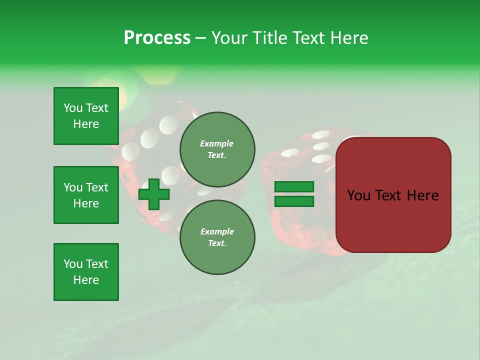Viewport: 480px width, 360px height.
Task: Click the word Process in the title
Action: point(157,38)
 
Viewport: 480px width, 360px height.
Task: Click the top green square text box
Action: point(86,116)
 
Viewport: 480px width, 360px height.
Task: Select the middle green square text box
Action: point(86,195)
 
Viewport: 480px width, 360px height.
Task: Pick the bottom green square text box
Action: point(86,272)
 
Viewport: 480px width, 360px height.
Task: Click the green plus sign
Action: point(154,194)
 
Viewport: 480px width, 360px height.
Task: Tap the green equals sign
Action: point(294,194)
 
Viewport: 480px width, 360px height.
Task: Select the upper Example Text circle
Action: point(217,149)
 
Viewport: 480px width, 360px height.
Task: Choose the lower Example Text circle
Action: point(217,237)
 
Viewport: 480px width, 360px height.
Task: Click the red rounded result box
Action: point(393,195)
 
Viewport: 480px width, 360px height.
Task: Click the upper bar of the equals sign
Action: point(294,187)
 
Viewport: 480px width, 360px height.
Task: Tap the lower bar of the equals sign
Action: point(294,201)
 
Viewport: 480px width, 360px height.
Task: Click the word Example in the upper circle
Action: point(217,143)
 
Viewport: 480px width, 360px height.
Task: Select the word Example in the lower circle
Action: point(217,231)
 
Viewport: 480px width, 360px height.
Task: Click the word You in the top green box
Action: point(73,108)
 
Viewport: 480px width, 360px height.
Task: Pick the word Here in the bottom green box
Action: point(86,280)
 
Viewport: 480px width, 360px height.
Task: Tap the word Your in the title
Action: point(228,38)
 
